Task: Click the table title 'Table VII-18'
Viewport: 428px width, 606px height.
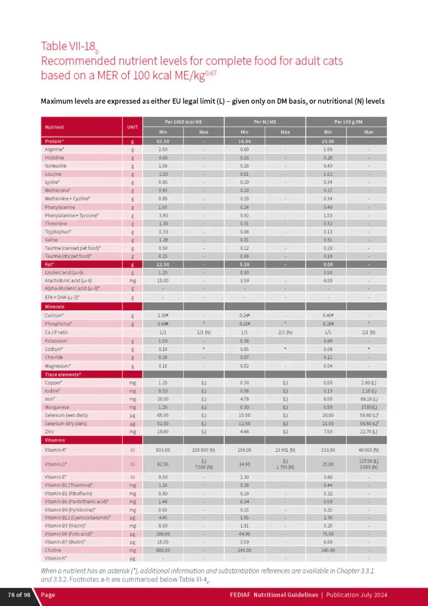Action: [68, 46]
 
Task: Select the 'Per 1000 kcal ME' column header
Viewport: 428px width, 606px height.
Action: [183, 122]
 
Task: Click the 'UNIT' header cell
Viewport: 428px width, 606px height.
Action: [132, 127]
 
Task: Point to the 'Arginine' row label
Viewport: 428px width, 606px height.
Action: [54, 150]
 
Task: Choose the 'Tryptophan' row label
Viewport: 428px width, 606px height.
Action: [58, 232]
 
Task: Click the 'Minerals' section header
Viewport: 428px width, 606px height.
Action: [55, 307]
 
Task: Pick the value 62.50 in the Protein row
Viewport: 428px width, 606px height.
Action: [163, 141]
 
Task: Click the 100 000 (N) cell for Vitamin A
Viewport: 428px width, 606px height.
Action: [204, 450]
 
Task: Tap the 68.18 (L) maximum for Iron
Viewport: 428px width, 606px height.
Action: [369, 399]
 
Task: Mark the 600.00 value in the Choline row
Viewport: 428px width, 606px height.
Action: [163, 550]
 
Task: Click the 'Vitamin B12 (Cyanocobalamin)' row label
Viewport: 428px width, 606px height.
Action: [78, 518]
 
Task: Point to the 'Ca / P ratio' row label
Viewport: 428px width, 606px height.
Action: [56, 333]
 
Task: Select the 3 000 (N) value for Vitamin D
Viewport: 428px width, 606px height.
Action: [369, 467]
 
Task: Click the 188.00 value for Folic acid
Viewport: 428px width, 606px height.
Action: [163, 534]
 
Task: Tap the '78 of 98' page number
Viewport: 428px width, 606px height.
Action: [19, 595]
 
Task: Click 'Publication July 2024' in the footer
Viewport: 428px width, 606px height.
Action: [356, 595]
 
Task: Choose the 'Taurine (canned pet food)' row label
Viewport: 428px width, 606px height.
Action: [73, 248]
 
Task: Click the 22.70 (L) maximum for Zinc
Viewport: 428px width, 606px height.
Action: [369, 432]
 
